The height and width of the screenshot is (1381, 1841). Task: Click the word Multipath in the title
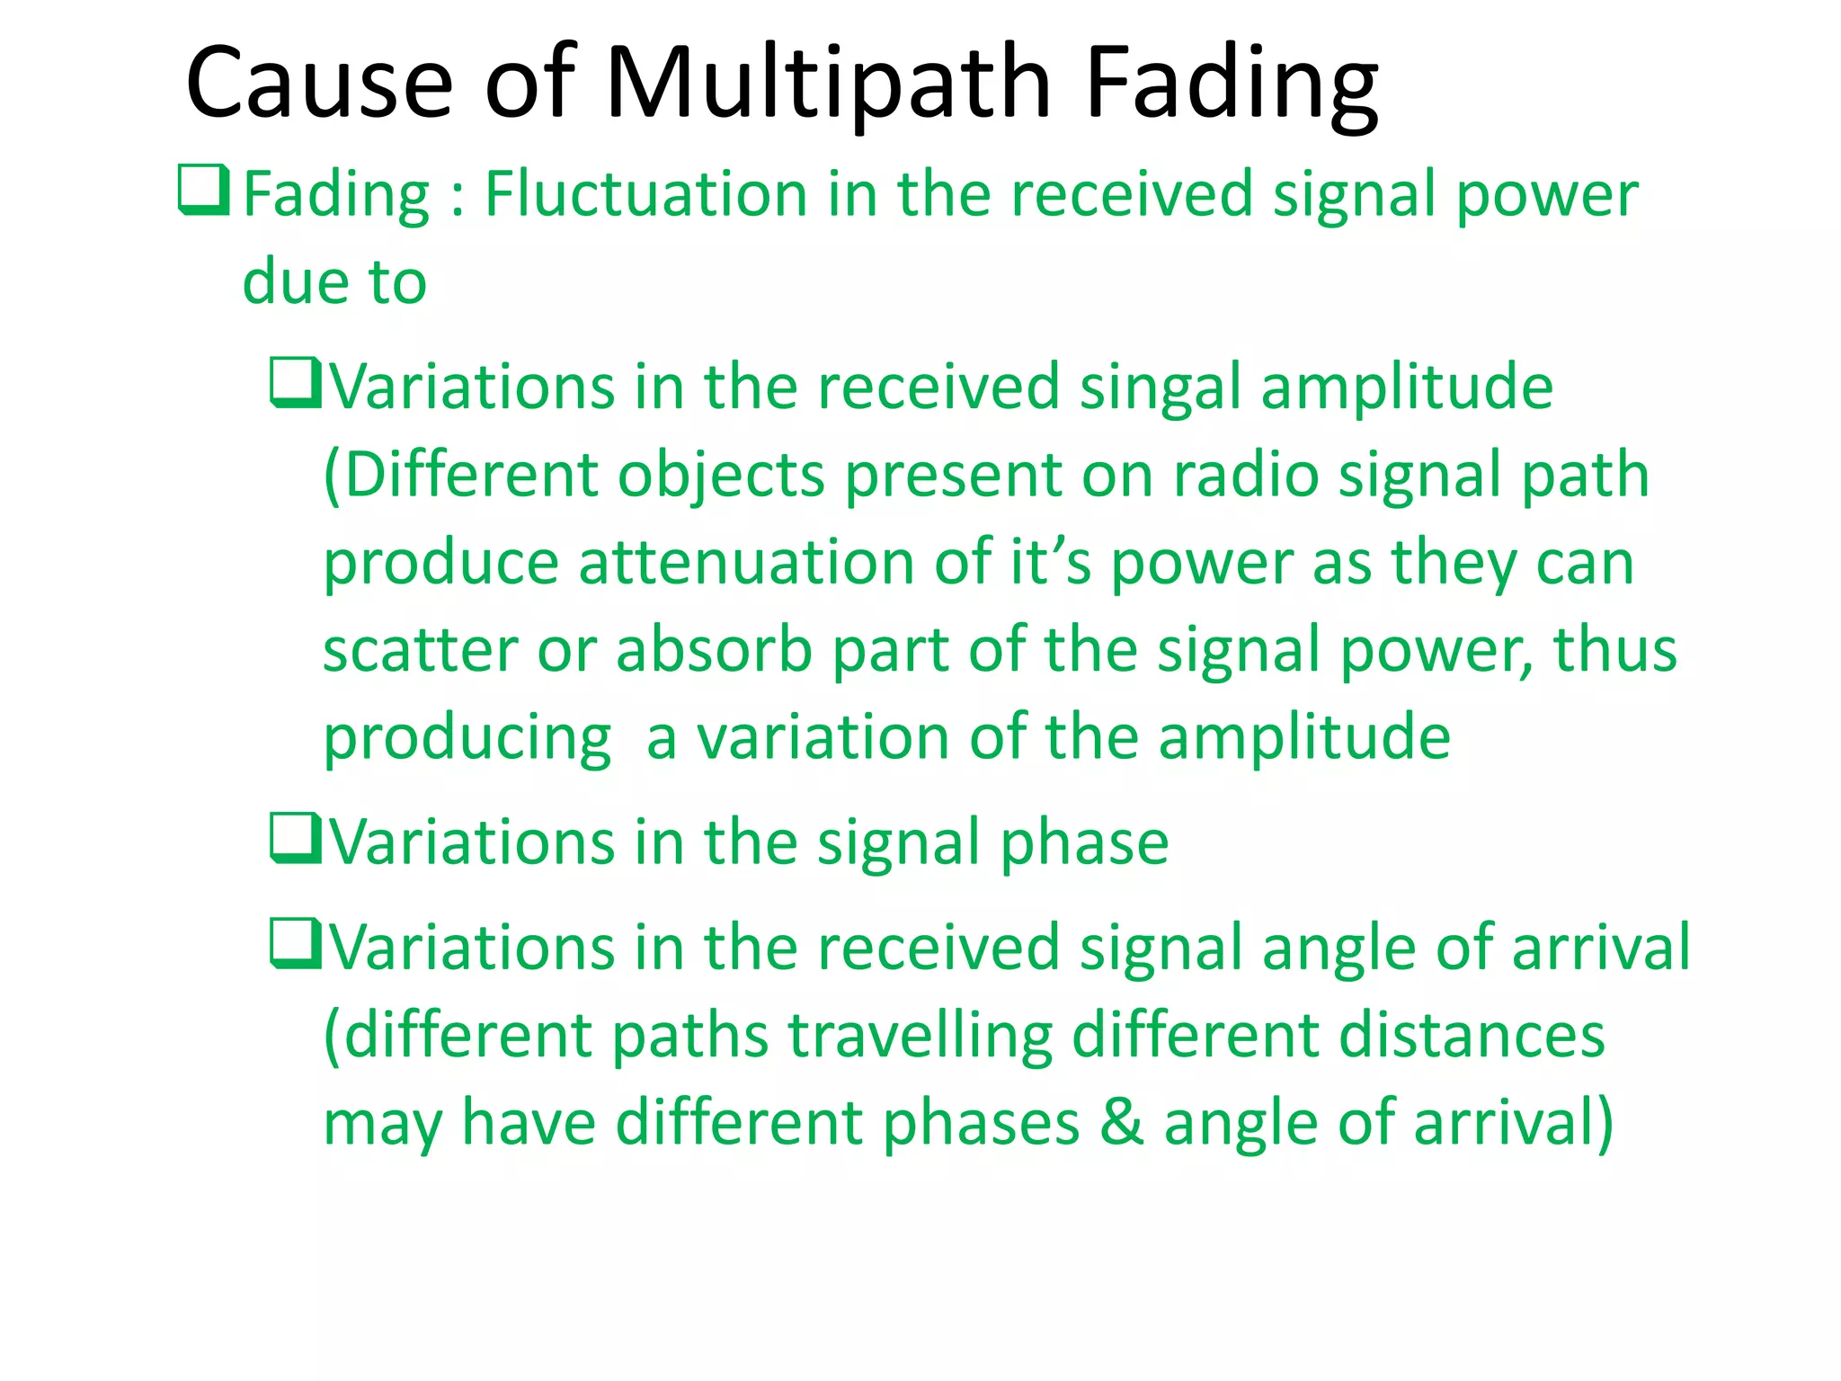click(x=827, y=84)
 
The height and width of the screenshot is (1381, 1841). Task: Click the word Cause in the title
click(x=319, y=84)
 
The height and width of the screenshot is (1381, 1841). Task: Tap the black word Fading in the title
click(x=1232, y=84)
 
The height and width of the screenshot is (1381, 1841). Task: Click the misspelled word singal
click(x=1160, y=387)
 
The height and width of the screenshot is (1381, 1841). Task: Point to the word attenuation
click(x=746, y=563)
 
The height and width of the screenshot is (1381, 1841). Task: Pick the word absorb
click(x=715, y=650)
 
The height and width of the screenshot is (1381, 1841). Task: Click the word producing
click(x=467, y=738)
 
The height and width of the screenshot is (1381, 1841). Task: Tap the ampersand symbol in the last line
click(x=1123, y=1123)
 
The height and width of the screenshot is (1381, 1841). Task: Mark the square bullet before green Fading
click(x=203, y=190)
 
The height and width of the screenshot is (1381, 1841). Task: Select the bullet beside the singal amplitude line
click(x=295, y=383)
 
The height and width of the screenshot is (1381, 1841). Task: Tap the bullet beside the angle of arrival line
click(x=295, y=943)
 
